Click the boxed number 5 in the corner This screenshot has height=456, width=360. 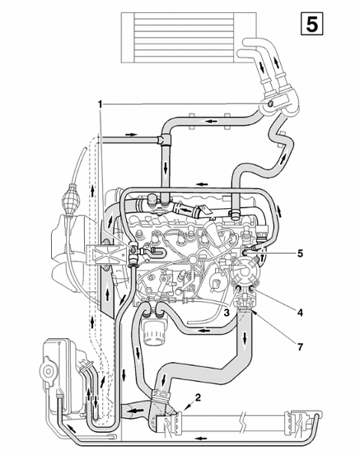[x=311, y=24]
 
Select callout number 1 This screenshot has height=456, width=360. [x=100, y=104]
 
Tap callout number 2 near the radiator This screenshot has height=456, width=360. [x=198, y=398]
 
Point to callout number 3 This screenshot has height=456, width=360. [x=227, y=313]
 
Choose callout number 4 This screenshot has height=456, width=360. [x=300, y=313]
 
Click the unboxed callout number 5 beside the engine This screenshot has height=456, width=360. [x=300, y=254]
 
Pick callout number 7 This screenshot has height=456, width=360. [x=300, y=347]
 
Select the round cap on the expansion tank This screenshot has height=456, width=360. [x=48, y=371]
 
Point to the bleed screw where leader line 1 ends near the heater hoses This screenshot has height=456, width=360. [x=270, y=104]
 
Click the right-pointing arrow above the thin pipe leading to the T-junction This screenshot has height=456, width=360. [x=131, y=135]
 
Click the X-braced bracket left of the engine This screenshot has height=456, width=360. [x=106, y=255]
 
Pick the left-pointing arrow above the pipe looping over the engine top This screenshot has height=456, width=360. [x=203, y=184]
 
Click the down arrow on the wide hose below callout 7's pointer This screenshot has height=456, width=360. [x=245, y=337]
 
